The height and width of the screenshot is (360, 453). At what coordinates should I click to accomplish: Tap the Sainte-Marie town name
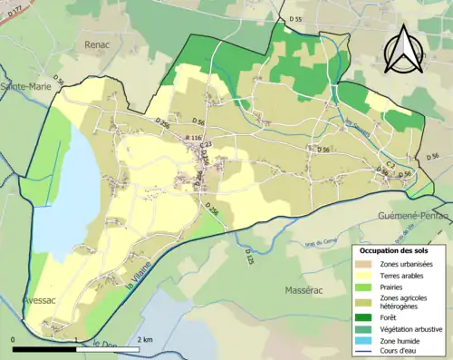tap(24, 86)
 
